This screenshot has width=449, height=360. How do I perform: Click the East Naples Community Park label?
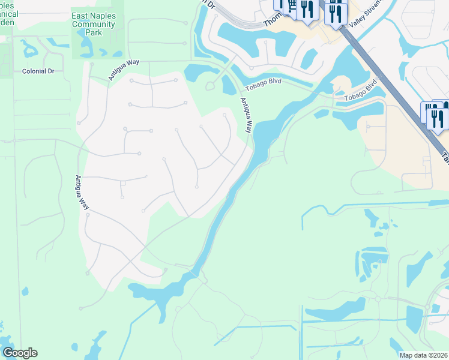[x=93, y=25]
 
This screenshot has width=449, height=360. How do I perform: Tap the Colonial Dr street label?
[x=38, y=71]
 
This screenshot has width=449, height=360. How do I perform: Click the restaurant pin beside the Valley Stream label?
[x=336, y=13]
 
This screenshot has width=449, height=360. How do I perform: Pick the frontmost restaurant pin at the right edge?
[x=438, y=118]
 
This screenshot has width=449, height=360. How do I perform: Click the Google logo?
[x=20, y=353]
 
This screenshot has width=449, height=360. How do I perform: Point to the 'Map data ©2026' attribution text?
[x=423, y=355]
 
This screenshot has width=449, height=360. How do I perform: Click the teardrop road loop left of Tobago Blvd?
[x=210, y=86]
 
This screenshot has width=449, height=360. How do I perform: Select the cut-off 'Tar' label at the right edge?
[x=445, y=157]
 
